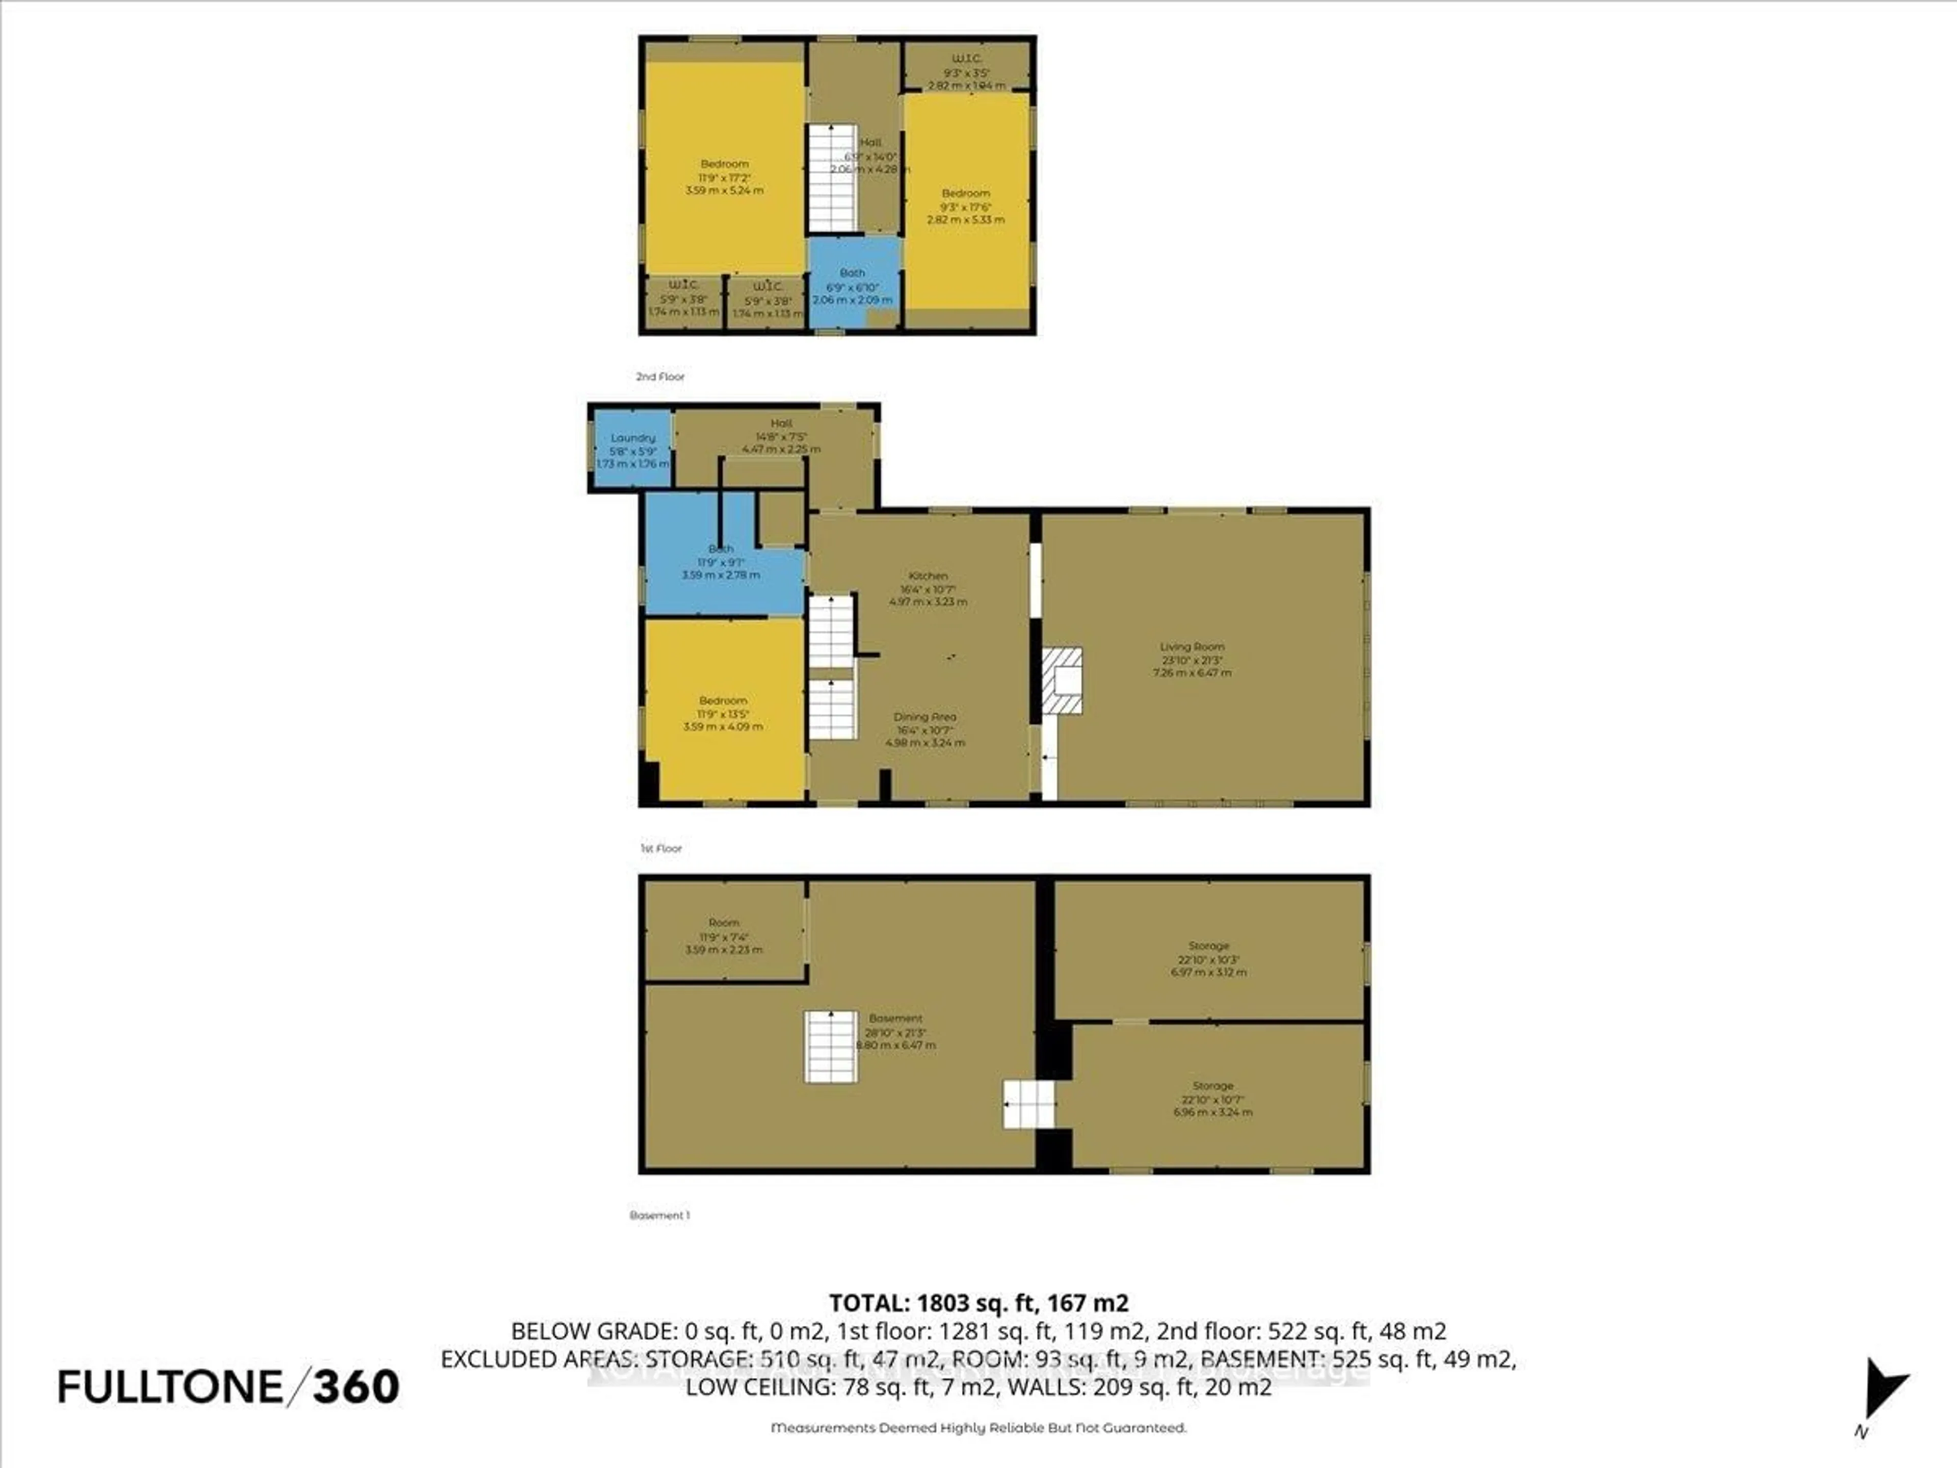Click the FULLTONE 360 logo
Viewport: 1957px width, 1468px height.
click(x=228, y=1386)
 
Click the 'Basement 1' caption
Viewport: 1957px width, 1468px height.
click(x=659, y=1215)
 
